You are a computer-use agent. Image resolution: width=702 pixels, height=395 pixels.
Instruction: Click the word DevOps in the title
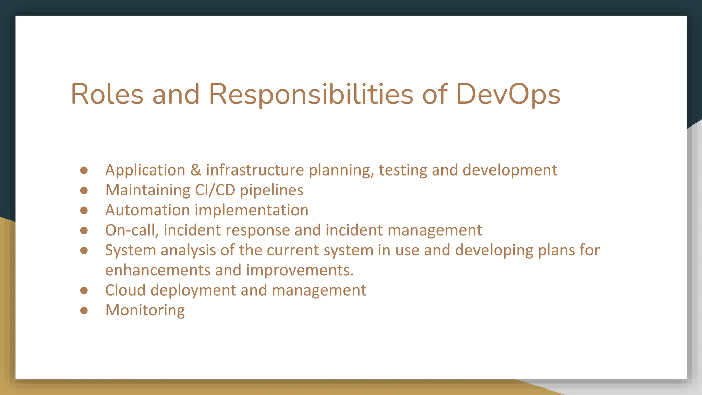pos(508,94)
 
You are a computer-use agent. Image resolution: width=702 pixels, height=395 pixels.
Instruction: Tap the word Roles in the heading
pos(107,94)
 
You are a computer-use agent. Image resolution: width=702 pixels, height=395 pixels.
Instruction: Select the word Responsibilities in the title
pos(311,94)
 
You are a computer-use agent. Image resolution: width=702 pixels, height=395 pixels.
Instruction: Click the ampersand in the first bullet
pos(196,170)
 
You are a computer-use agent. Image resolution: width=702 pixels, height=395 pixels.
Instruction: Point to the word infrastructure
pos(255,170)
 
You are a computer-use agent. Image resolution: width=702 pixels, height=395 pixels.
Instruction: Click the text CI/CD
pos(215,190)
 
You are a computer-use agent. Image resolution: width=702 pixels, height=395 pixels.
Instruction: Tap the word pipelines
pos(271,190)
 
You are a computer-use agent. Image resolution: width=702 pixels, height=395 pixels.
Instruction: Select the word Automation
pos(147,210)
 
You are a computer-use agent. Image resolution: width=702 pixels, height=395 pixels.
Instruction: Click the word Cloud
pos(125,290)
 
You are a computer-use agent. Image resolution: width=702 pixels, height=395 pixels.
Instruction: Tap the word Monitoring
pos(145,310)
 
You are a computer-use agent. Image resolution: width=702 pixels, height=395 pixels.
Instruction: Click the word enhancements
pos(158,270)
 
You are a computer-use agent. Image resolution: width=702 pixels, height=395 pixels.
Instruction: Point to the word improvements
pos(300,270)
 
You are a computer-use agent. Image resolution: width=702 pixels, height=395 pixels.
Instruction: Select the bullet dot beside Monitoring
pos(84,310)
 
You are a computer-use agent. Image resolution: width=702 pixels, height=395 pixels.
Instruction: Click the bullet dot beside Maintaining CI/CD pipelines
pos(84,190)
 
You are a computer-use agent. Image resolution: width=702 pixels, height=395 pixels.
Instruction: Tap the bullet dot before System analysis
pos(84,250)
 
